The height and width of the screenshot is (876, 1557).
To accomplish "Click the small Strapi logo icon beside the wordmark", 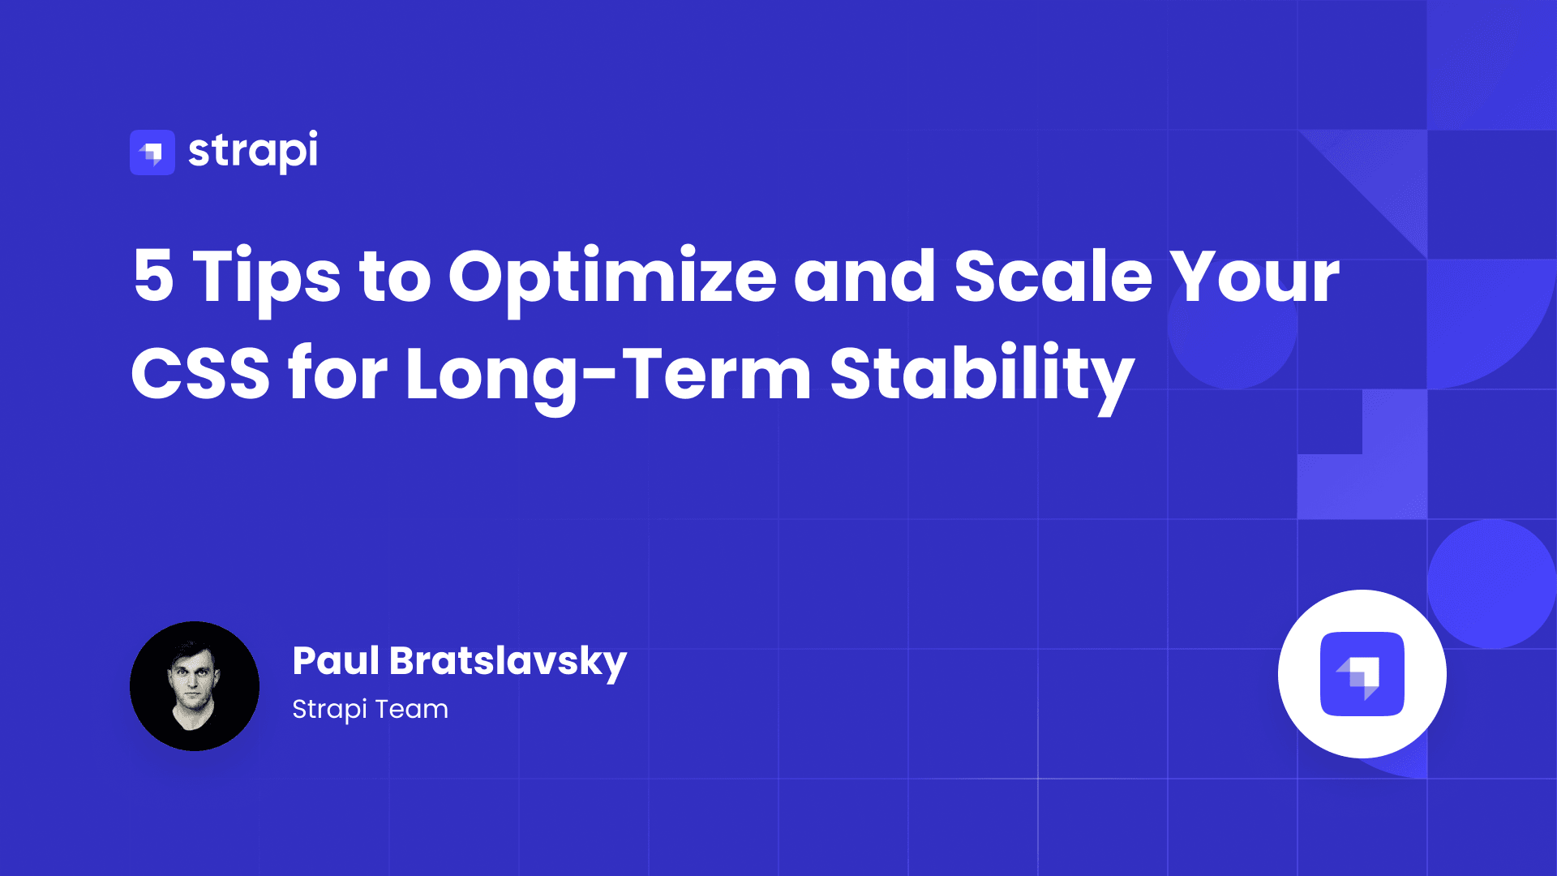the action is pyautogui.click(x=152, y=152).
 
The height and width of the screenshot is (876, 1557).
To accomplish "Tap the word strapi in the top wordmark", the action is pyautogui.click(x=253, y=152).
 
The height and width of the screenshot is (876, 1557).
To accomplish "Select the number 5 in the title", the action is pyautogui.click(x=154, y=277).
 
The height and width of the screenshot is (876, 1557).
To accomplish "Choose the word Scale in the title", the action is pyautogui.click(x=1053, y=276).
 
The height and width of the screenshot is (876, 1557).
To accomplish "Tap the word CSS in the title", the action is pyautogui.click(x=200, y=374).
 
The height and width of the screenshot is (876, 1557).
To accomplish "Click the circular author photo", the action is pyautogui.click(x=195, y=686).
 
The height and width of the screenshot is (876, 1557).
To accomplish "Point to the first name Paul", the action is pyautogui.click(x=336, y=660).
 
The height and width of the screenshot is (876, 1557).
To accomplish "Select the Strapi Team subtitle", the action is pyautogui.click(x=370, y=710).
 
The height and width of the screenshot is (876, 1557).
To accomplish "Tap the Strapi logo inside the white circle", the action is pyautogui.click(x=1362, y=674).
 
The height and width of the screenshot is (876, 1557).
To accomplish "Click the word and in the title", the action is pyautogui.click(x=864, y=276).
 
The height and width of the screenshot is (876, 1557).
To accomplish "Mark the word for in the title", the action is pyautogui.click(x=337, y=372).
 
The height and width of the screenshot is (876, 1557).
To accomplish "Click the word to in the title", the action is pyautogui.click(x=395, y=278).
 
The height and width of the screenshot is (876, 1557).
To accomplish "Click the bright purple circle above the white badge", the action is pyautogui.click(x=1492, y=584).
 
